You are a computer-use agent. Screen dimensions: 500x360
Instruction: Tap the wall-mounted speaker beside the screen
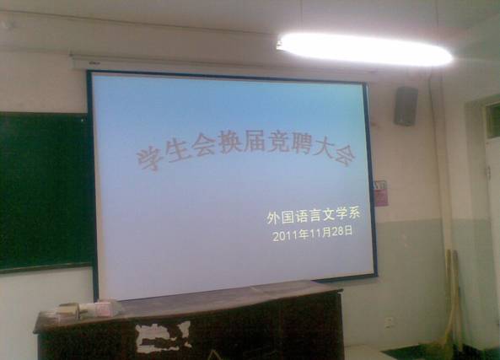coord(406,106)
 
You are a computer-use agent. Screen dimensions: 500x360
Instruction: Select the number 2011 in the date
coord(285,236)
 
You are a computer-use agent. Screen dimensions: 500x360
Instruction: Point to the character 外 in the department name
coord(273,218)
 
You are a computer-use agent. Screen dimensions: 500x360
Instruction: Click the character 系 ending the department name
coord(352,213)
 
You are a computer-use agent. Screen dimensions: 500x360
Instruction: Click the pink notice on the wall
coord(381,193)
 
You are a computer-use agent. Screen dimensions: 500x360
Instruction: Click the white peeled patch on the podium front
coord(164,337)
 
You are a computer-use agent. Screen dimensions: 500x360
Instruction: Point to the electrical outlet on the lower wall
coord(389,323)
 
